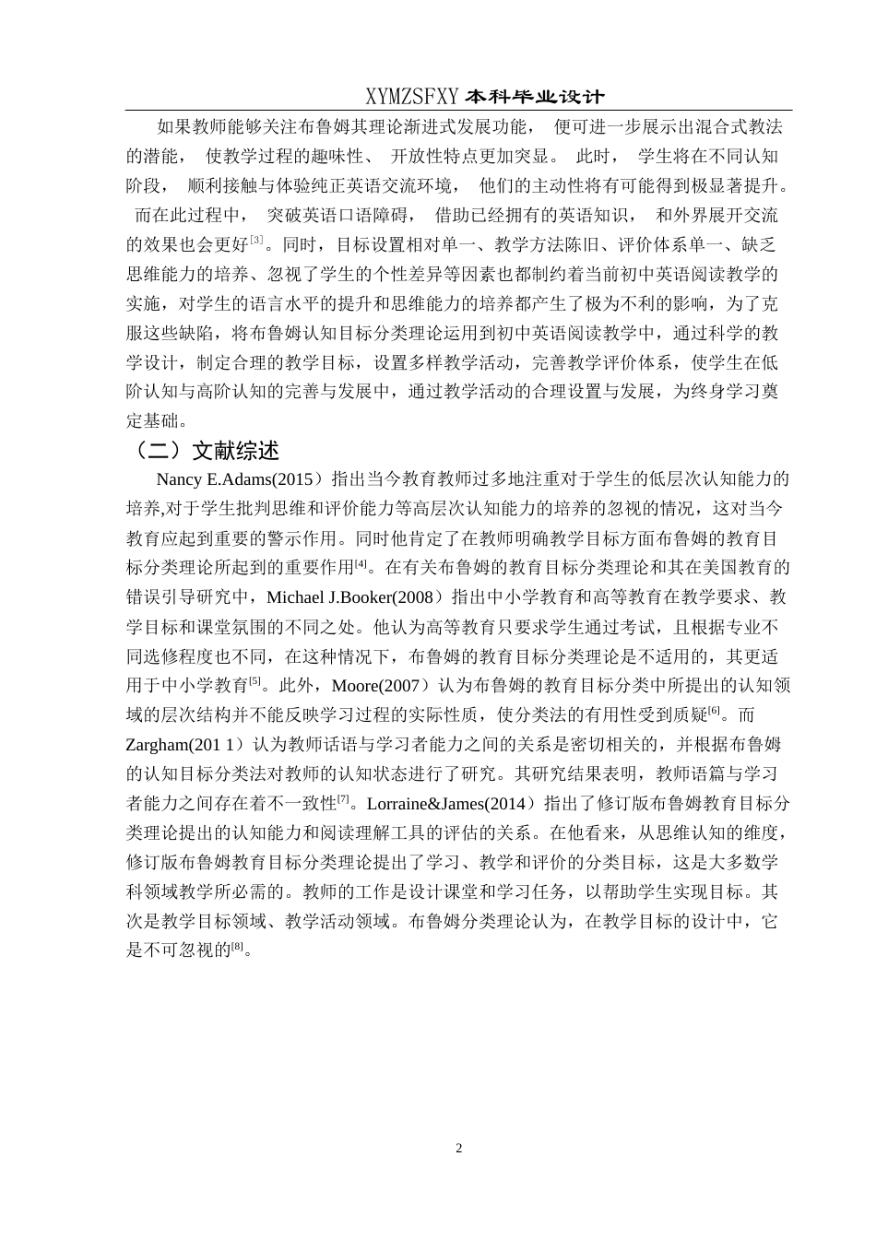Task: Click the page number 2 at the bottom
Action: pyautogui.click(x=458, y=1148)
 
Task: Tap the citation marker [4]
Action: pyautogui.click(x=361, y=563)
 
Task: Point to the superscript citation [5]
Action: pyautogui.click(x=255, y=681)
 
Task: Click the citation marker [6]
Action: pyautogui.click(x=714, y=711)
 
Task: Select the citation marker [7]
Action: pyautogui.click(x=343, y=799)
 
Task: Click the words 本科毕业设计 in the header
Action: pyautogui.click(x=535, y=96)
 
